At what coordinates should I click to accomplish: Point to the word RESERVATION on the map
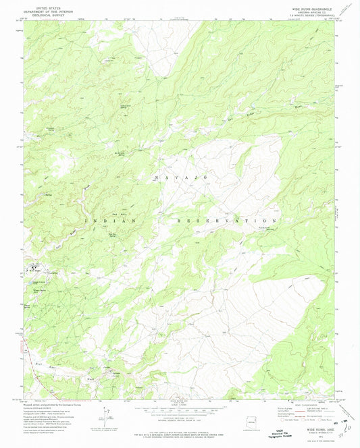(x=226, y=221)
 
